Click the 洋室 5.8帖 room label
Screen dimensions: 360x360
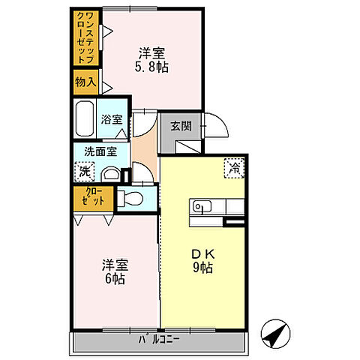152,60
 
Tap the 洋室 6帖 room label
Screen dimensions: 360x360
115,271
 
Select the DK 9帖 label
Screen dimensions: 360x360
202,259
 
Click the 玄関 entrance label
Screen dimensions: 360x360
180,125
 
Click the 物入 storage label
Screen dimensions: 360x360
85,82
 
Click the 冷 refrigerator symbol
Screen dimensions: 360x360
234,168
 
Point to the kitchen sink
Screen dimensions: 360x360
201,205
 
